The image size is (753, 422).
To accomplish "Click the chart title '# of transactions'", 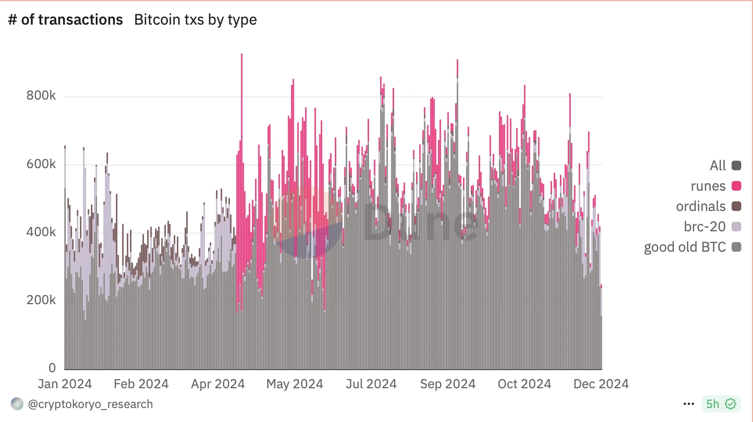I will [65, 20].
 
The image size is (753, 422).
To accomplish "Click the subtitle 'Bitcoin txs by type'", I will [195, 20].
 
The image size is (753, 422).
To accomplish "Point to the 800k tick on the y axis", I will [42, 96].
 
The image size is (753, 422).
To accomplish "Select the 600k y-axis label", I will [42, 164].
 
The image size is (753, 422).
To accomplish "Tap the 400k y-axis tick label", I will [42, 232].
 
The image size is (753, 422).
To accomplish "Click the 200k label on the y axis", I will [42, 300].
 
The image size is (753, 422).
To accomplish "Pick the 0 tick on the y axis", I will [52, 368].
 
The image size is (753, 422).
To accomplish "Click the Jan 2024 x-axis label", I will [65, 384].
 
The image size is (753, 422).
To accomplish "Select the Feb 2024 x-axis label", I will [142, 384].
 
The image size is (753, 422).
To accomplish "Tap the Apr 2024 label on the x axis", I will [218, 384].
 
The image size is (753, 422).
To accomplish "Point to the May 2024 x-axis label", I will [295, 384].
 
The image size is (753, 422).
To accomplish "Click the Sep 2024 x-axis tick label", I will [447, 384].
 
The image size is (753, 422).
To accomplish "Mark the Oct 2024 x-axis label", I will [524, 384].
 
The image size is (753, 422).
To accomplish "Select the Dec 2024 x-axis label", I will [601, 384].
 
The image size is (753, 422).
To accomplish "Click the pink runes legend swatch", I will [736, 186].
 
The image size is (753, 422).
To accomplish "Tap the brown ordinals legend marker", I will [736, 206].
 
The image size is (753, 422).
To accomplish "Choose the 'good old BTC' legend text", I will [685, 247].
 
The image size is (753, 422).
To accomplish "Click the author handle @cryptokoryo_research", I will [90, 404].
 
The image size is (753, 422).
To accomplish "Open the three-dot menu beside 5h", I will [689, 404].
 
